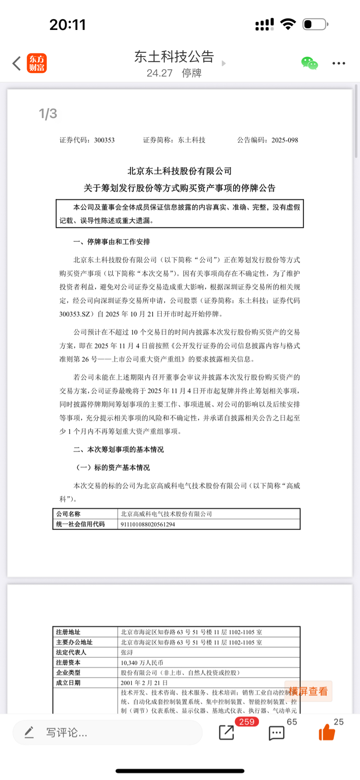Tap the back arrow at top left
pos(16,63)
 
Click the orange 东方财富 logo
pos(37,63)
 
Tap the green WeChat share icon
pos(309,63)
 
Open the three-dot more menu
pos(338,63)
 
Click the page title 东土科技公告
pos(174,57)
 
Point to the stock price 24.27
pos(159,73)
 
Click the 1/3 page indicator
pos(48,113)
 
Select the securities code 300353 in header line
pos(104,140)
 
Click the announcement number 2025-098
pos(285,140)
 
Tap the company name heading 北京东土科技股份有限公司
pos(180,171)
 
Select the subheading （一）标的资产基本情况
pos(113,468)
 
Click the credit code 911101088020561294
pos(148,524)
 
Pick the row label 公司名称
pos(68,514)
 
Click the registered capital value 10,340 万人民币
pos(142,662)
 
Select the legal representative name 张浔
pos(127,652)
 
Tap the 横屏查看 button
pos(308,691)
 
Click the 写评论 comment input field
pos(108,732)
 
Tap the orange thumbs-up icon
pos(327,732)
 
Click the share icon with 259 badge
pos(227,732)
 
